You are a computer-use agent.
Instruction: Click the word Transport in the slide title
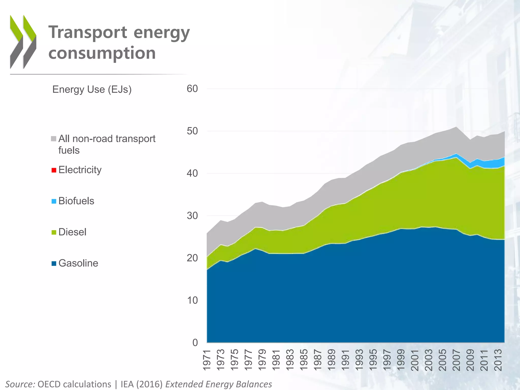(x=88, y=32)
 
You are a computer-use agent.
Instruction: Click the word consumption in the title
(x=102, y=53)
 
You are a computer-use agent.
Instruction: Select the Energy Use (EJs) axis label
(x=92, y=89)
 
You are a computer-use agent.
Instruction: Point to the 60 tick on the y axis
(x=192, y=89)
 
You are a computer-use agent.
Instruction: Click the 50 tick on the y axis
(x=192, y=131)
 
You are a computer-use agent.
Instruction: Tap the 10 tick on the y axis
(x=192, y=300)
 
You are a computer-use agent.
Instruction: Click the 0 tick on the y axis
(x=195, y=343)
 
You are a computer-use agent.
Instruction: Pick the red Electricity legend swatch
(x=54, y=170)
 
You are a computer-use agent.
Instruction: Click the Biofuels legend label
(x=76, y=201)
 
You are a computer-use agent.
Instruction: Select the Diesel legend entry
(x=72, y=232)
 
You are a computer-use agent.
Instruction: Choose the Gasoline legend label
(x=78, y=263)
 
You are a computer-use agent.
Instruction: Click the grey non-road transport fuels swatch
(x=54, y=139)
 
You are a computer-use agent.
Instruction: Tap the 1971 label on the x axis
(x=207, y=360)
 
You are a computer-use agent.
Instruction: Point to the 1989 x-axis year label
(x=332, y=360)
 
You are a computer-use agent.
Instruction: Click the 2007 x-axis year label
(x=456, y=360)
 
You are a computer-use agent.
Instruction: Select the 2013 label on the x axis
(x=498, y=360)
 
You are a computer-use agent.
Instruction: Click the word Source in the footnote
(x=20, y=384)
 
